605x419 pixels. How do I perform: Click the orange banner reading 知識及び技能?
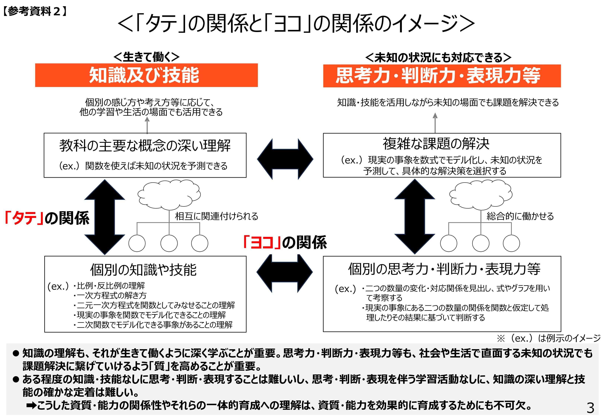click(x=146, y=75)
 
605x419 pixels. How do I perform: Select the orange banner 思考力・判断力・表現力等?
click(x=442, y=76)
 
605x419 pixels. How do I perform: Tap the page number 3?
click(x=590, y=408)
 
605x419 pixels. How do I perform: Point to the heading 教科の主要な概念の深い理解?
click(x=145, y=145)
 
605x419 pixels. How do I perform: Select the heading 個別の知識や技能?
click(x=143, y=270)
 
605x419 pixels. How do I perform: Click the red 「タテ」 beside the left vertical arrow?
click(x=24, y=218)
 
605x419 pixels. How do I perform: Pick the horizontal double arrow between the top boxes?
click(x=285, y=159)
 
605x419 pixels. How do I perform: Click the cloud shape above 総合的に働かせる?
click(x=480, y=194)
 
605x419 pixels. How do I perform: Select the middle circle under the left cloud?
click(x=169, y=243)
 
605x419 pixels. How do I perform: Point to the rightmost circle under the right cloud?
click(x=511, y=243)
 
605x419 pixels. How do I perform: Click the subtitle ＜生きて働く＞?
click(x=146, y=57)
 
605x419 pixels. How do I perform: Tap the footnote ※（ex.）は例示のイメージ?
click(x=548, y=338)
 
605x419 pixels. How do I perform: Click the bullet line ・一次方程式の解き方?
click(x=110, y=295)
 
